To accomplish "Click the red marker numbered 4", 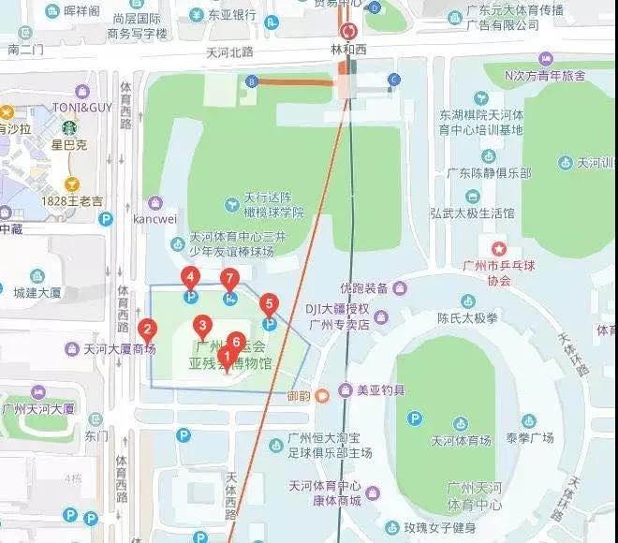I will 191,278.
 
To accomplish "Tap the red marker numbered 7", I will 229,279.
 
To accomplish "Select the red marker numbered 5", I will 270,304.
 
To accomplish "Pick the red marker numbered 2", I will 147,330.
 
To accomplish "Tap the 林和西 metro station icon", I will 349,30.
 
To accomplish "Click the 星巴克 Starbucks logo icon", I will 68,128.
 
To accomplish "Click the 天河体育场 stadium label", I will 460,440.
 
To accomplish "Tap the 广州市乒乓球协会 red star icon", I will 499,249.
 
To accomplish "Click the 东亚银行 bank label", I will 232,15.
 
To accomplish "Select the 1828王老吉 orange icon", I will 69,183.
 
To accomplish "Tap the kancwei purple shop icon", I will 155,203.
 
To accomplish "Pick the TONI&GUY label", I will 81,108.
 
